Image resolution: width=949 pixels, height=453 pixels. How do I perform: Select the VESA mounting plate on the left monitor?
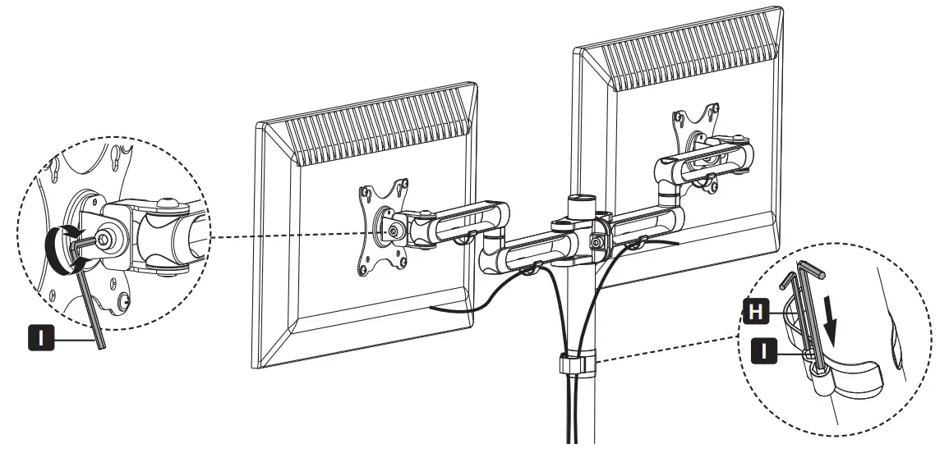[383, 222]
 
